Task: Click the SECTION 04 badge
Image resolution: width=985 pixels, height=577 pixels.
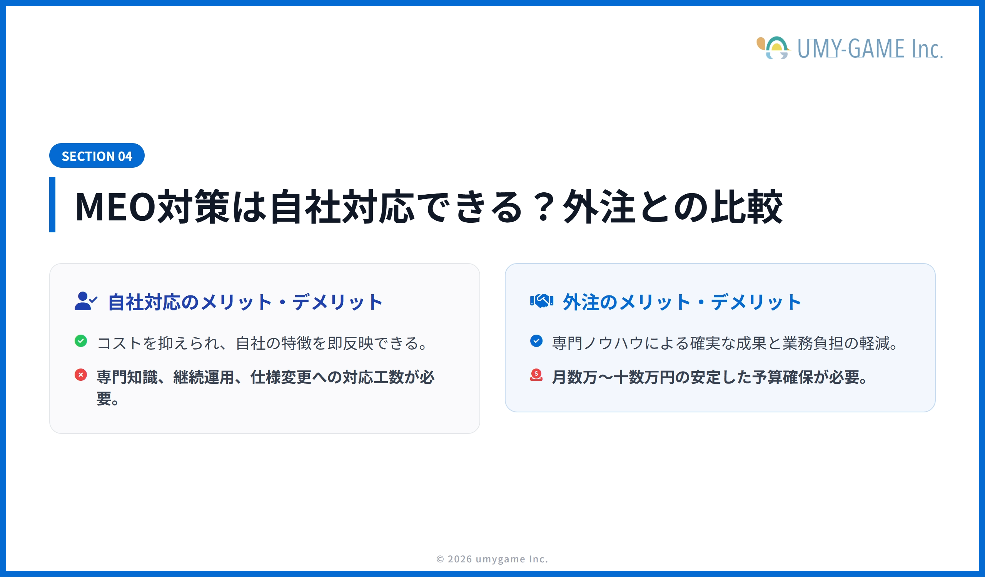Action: click(97, 156)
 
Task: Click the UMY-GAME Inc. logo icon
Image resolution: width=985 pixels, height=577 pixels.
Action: click(774, 48)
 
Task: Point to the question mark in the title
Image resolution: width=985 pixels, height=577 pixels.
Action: click(543, 207)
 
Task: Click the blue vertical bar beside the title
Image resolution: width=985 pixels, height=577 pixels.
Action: click(52, 204)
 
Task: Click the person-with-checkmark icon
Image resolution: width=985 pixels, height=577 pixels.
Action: click(85, 301)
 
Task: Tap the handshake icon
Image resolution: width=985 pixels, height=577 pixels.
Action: click(541, 301)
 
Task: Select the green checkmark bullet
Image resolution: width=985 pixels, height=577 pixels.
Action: click(81, 341)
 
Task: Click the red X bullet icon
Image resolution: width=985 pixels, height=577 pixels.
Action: click(81, 375)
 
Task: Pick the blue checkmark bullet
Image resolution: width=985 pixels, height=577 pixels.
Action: click(536, 341)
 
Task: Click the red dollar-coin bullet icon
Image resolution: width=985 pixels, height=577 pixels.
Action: click(536, 375)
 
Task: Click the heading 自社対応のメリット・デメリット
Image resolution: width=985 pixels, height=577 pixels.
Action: click(245, 302)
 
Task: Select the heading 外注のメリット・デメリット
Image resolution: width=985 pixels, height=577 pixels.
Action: click(682, 302)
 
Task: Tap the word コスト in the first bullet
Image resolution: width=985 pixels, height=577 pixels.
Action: click(119, 344)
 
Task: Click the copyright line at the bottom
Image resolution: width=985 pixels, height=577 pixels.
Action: click(492, 559)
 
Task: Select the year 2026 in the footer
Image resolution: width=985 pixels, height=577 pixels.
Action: click(460, 559)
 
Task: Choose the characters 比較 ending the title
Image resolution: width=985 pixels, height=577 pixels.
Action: click(746, 207)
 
